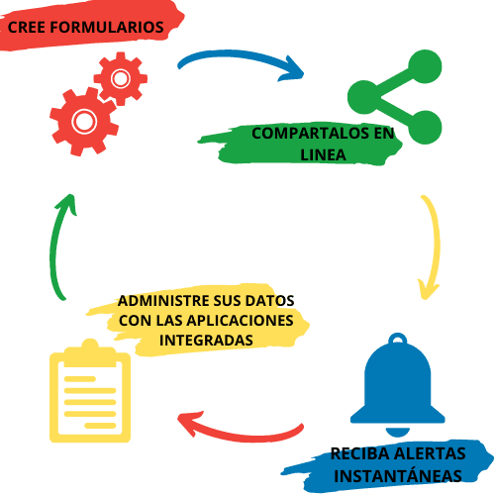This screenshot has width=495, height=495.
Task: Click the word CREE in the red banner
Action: (x=27, y=27)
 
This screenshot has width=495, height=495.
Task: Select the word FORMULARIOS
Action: (x=107, y=27)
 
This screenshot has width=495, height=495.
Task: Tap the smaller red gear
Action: (x=121, y=78)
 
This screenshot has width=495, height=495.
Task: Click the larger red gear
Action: (x=84, y=121)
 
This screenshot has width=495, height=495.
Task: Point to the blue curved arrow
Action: (x=238, y=55)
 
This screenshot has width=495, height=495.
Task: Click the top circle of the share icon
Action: (x=425, y=66)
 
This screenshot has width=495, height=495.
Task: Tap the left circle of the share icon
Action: (x=364, y=97)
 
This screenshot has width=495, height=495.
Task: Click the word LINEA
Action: (x=323, y=154)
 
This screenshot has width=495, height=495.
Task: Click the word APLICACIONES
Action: (x=241, y=321)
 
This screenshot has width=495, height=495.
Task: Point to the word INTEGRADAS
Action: (x=206, y=341)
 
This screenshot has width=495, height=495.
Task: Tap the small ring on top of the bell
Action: (x=398, y=340)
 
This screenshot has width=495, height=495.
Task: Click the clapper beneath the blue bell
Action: (x=398, y=432)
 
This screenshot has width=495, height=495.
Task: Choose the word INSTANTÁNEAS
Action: (x=398, y=475)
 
